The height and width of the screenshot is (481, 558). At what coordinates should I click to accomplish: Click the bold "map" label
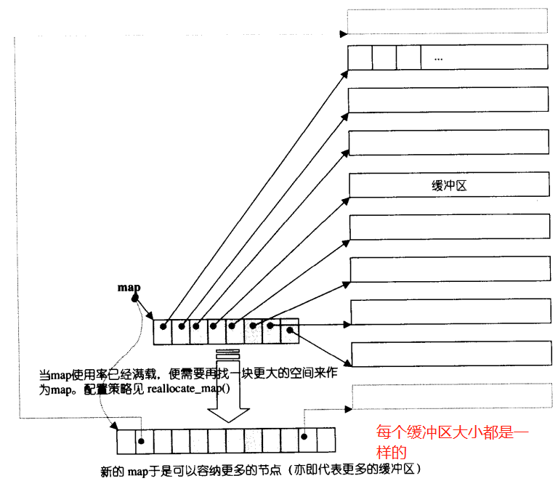pos(129,288)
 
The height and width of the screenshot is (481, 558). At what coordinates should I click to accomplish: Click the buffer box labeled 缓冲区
pos(448,185)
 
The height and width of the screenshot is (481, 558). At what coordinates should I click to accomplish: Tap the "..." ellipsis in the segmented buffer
pos(437,57)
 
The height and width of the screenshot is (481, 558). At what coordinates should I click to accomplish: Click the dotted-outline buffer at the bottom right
pos(450,397)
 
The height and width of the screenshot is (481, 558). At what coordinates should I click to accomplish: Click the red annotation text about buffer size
pos(452,440)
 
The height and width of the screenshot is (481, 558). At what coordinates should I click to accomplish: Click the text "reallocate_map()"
pos(188,388)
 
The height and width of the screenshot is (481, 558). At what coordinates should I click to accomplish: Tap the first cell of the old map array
pos(163,331)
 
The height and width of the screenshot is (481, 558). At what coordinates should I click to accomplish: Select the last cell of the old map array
pos(289,331)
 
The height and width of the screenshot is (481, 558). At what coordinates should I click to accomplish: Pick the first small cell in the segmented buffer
pos(360,57)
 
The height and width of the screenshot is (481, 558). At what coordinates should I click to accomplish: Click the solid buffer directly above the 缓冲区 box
pos(448,142)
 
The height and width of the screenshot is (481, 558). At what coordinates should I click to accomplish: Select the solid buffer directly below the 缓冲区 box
pos(448,227)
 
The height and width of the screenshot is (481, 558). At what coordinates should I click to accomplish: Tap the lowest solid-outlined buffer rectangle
pos(450,354)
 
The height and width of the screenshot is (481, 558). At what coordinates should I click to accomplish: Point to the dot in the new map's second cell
pos(141,440)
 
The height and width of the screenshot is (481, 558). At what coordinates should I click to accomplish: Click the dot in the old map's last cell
pos(289,331)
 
